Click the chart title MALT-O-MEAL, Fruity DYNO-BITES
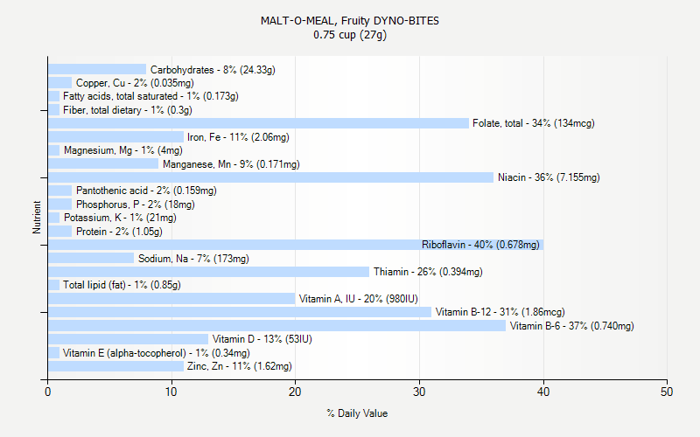pos(350,20)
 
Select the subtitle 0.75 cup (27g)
pos(350,35)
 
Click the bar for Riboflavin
pos(296,245)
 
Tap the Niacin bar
pos(270,177)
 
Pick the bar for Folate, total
pos(258,123)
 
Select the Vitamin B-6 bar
pos(276,326)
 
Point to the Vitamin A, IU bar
pos(171,299)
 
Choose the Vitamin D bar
pos(129,339)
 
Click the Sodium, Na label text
pos(193,259)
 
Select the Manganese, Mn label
pos(231,164)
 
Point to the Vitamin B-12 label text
pos(500,312)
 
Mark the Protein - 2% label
pos(119,232)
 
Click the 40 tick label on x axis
pos(543,392)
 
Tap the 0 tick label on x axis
pos(48,392)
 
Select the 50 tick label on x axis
pos(668,392)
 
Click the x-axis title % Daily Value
pos(357,413)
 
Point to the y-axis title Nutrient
pos(37,218)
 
